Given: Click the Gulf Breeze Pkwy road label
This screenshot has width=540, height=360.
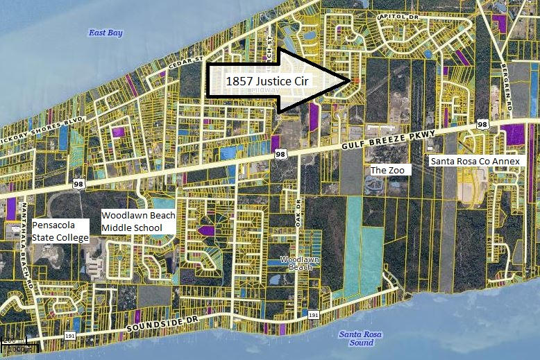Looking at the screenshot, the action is click(392, 139).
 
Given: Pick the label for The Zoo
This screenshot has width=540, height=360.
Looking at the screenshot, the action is click(390, 169).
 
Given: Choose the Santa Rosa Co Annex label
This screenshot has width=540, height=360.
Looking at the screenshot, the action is click(474, 161).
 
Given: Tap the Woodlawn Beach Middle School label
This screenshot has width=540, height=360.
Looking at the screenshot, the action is click(138, 221).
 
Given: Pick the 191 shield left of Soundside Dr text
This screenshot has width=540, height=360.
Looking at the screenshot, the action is click(71, 336).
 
